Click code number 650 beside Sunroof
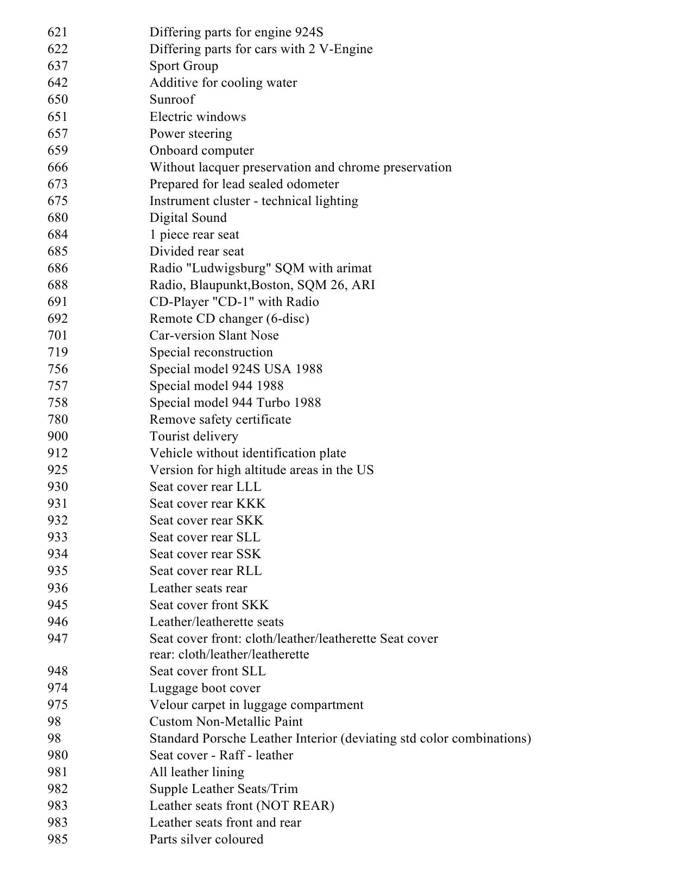click(x=58, y=100)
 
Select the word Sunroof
click(x=172, y=100)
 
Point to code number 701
click(x=58, y=336)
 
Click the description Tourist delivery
click(x=194, y=437)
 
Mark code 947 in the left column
click(x=58, y=639)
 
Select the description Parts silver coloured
click(x=206, y=840)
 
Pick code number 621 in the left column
click(x=58, y=33)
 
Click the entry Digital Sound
click(x=188, y=218)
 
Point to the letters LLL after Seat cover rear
click(x=249, y=487)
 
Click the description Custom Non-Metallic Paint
click(x=226, y=722)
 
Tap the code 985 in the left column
click(x=58, y=840)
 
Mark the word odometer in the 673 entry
click(x=313, y=184)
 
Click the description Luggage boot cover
click(x=205, y=688)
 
